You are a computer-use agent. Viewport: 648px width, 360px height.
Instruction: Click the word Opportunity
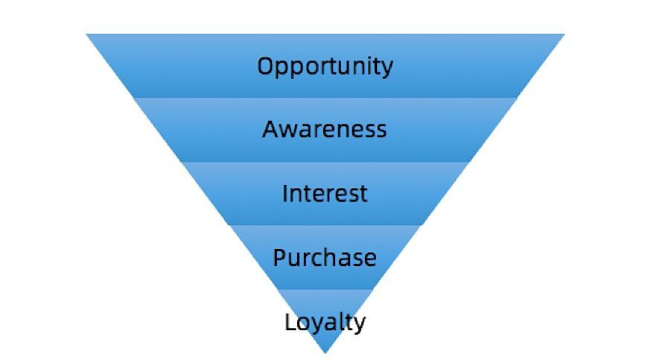tap(325, 66)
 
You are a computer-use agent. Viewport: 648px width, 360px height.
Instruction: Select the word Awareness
tap(325, 129)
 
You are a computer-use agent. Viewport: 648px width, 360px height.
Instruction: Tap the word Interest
tap(325, 193)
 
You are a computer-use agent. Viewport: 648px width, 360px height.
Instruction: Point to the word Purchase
tap(325, 257)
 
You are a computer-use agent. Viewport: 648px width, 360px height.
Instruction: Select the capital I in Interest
tap(285, 194)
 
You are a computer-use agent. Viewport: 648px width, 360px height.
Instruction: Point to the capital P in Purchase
tap(279, 257)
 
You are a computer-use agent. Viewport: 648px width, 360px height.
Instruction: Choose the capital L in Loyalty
tap(290, 322)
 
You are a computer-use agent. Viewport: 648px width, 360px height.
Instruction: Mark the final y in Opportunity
tap(387, 69)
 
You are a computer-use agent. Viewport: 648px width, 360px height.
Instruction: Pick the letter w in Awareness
tap(290, 131)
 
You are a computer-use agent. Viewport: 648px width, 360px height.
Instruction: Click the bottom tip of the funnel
tap(325, 353)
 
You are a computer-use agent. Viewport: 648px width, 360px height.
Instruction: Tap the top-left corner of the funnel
tap(86, 34)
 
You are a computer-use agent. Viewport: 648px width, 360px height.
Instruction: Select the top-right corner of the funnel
tap(565, 34)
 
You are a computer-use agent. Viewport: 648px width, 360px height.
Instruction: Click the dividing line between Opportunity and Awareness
tap(325, 98)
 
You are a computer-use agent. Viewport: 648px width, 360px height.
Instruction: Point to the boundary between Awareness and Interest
tap(325, 162)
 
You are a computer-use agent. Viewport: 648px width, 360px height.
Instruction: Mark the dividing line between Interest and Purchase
tap(325, 226)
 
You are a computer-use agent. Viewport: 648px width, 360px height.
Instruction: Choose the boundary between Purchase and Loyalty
tap(325, 290)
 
